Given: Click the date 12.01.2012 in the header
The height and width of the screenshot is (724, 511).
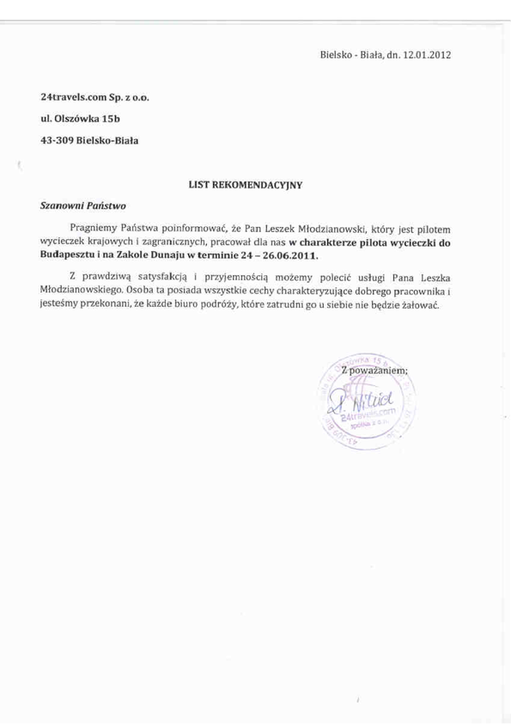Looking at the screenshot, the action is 425,54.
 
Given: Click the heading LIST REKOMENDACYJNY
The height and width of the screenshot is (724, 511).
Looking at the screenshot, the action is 245,184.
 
